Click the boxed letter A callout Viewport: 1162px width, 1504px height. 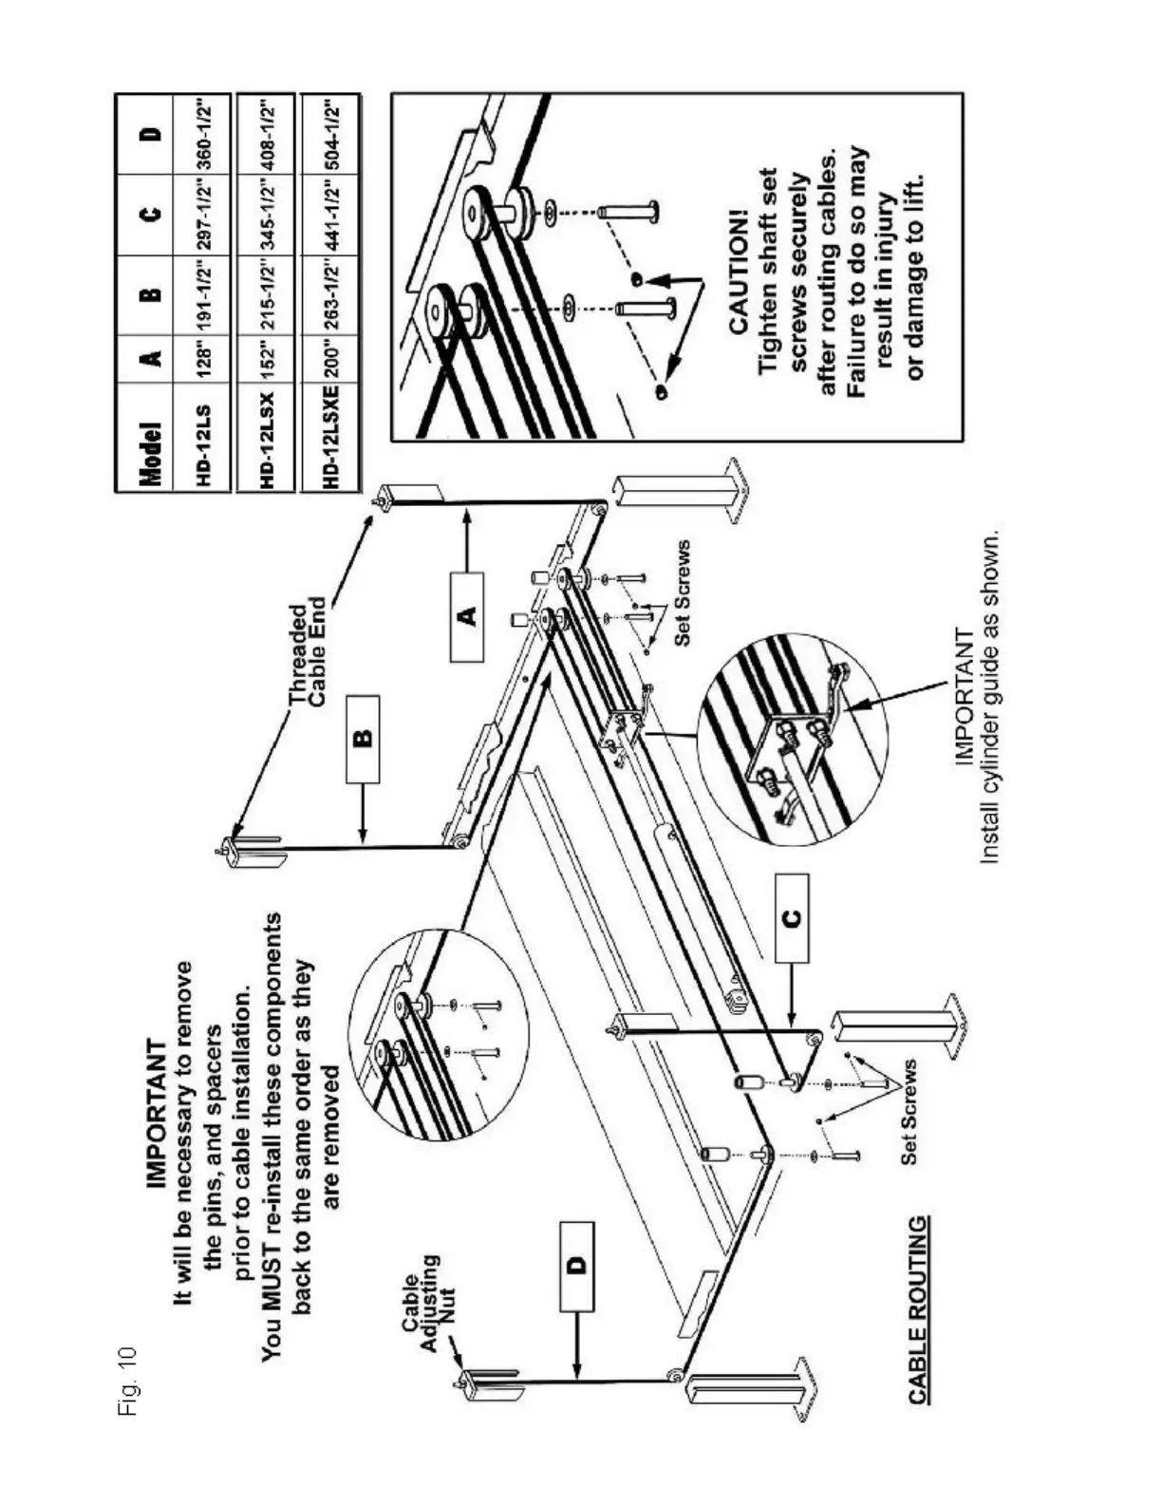[466, 616]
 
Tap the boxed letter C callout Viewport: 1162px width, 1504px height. [792, 917]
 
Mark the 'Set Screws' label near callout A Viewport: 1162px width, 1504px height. [682, 593]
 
